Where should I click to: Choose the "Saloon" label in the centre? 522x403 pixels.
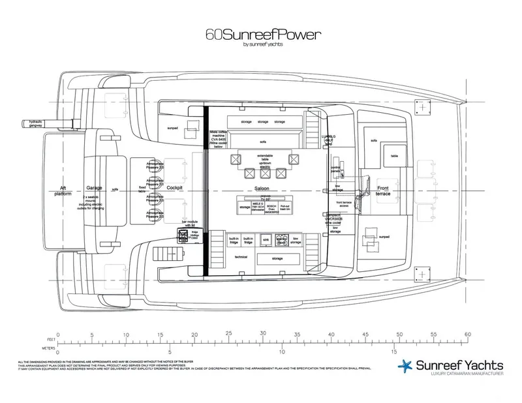click(262, 189)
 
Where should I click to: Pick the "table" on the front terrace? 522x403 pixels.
click(395, 156)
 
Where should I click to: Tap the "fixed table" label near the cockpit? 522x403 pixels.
click(142, 188)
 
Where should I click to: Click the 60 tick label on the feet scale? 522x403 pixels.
click(467, 334)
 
